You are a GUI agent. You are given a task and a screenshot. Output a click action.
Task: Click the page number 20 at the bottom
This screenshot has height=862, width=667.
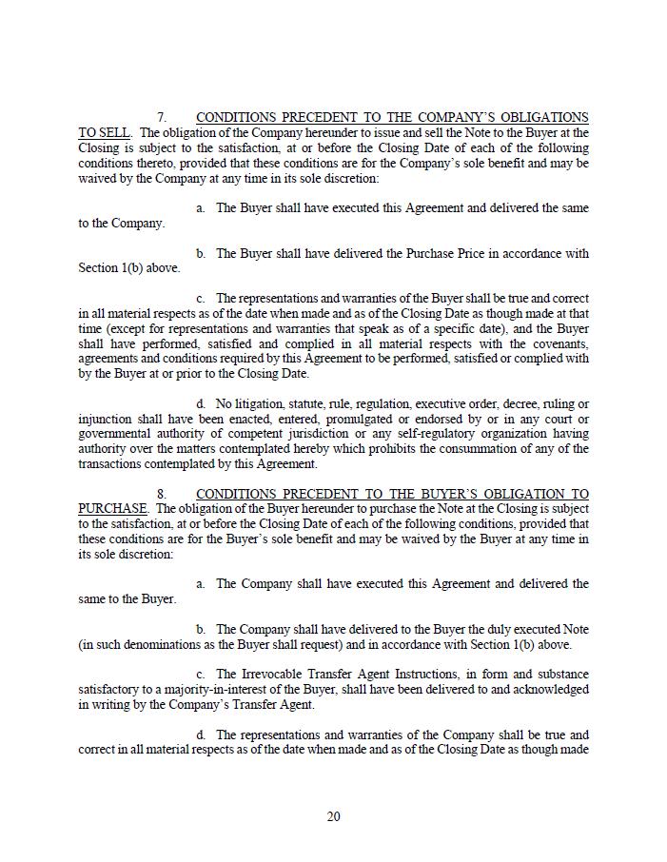click(x=333, y=816)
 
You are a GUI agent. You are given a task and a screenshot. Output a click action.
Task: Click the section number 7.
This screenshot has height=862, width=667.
click(x=162, y=118)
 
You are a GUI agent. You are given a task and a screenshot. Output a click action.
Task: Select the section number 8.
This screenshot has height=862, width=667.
click(x=162, y=494)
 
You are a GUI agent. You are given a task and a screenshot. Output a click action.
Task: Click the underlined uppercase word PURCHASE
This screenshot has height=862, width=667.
click(x=112, y=509)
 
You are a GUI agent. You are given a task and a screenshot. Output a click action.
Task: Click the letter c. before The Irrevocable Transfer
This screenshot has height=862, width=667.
click(x=200, y=674)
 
